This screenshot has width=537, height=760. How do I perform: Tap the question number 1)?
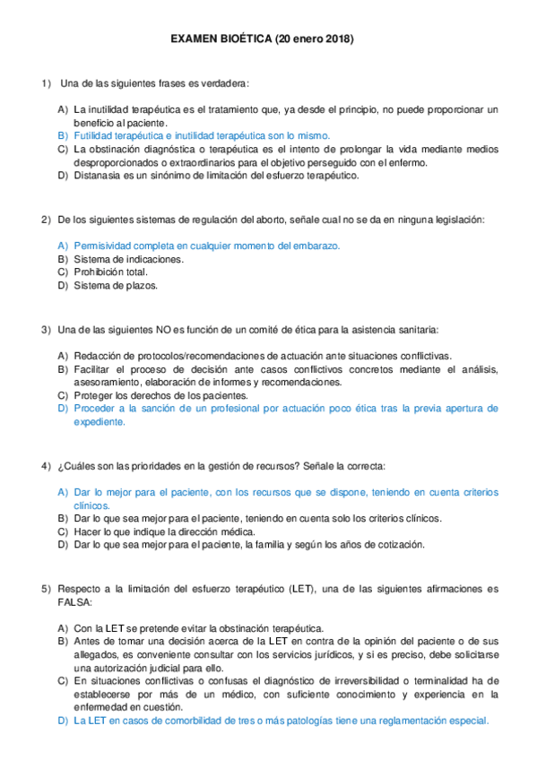pos(47,83)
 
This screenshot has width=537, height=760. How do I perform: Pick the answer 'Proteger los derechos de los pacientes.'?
pos(161,395)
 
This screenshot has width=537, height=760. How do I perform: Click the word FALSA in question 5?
pos(72,602)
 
